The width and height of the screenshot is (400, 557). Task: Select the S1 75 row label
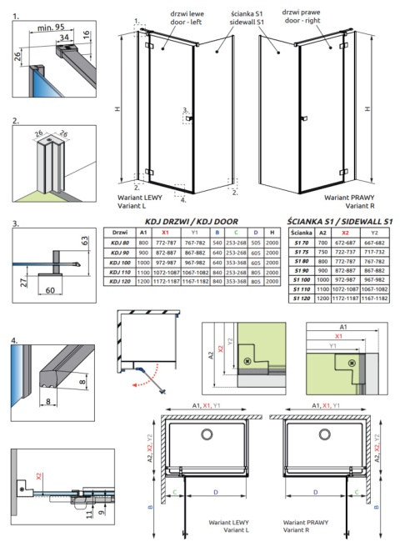[x=302, y=252]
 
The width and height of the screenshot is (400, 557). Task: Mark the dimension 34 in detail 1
[x=64, y=38]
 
